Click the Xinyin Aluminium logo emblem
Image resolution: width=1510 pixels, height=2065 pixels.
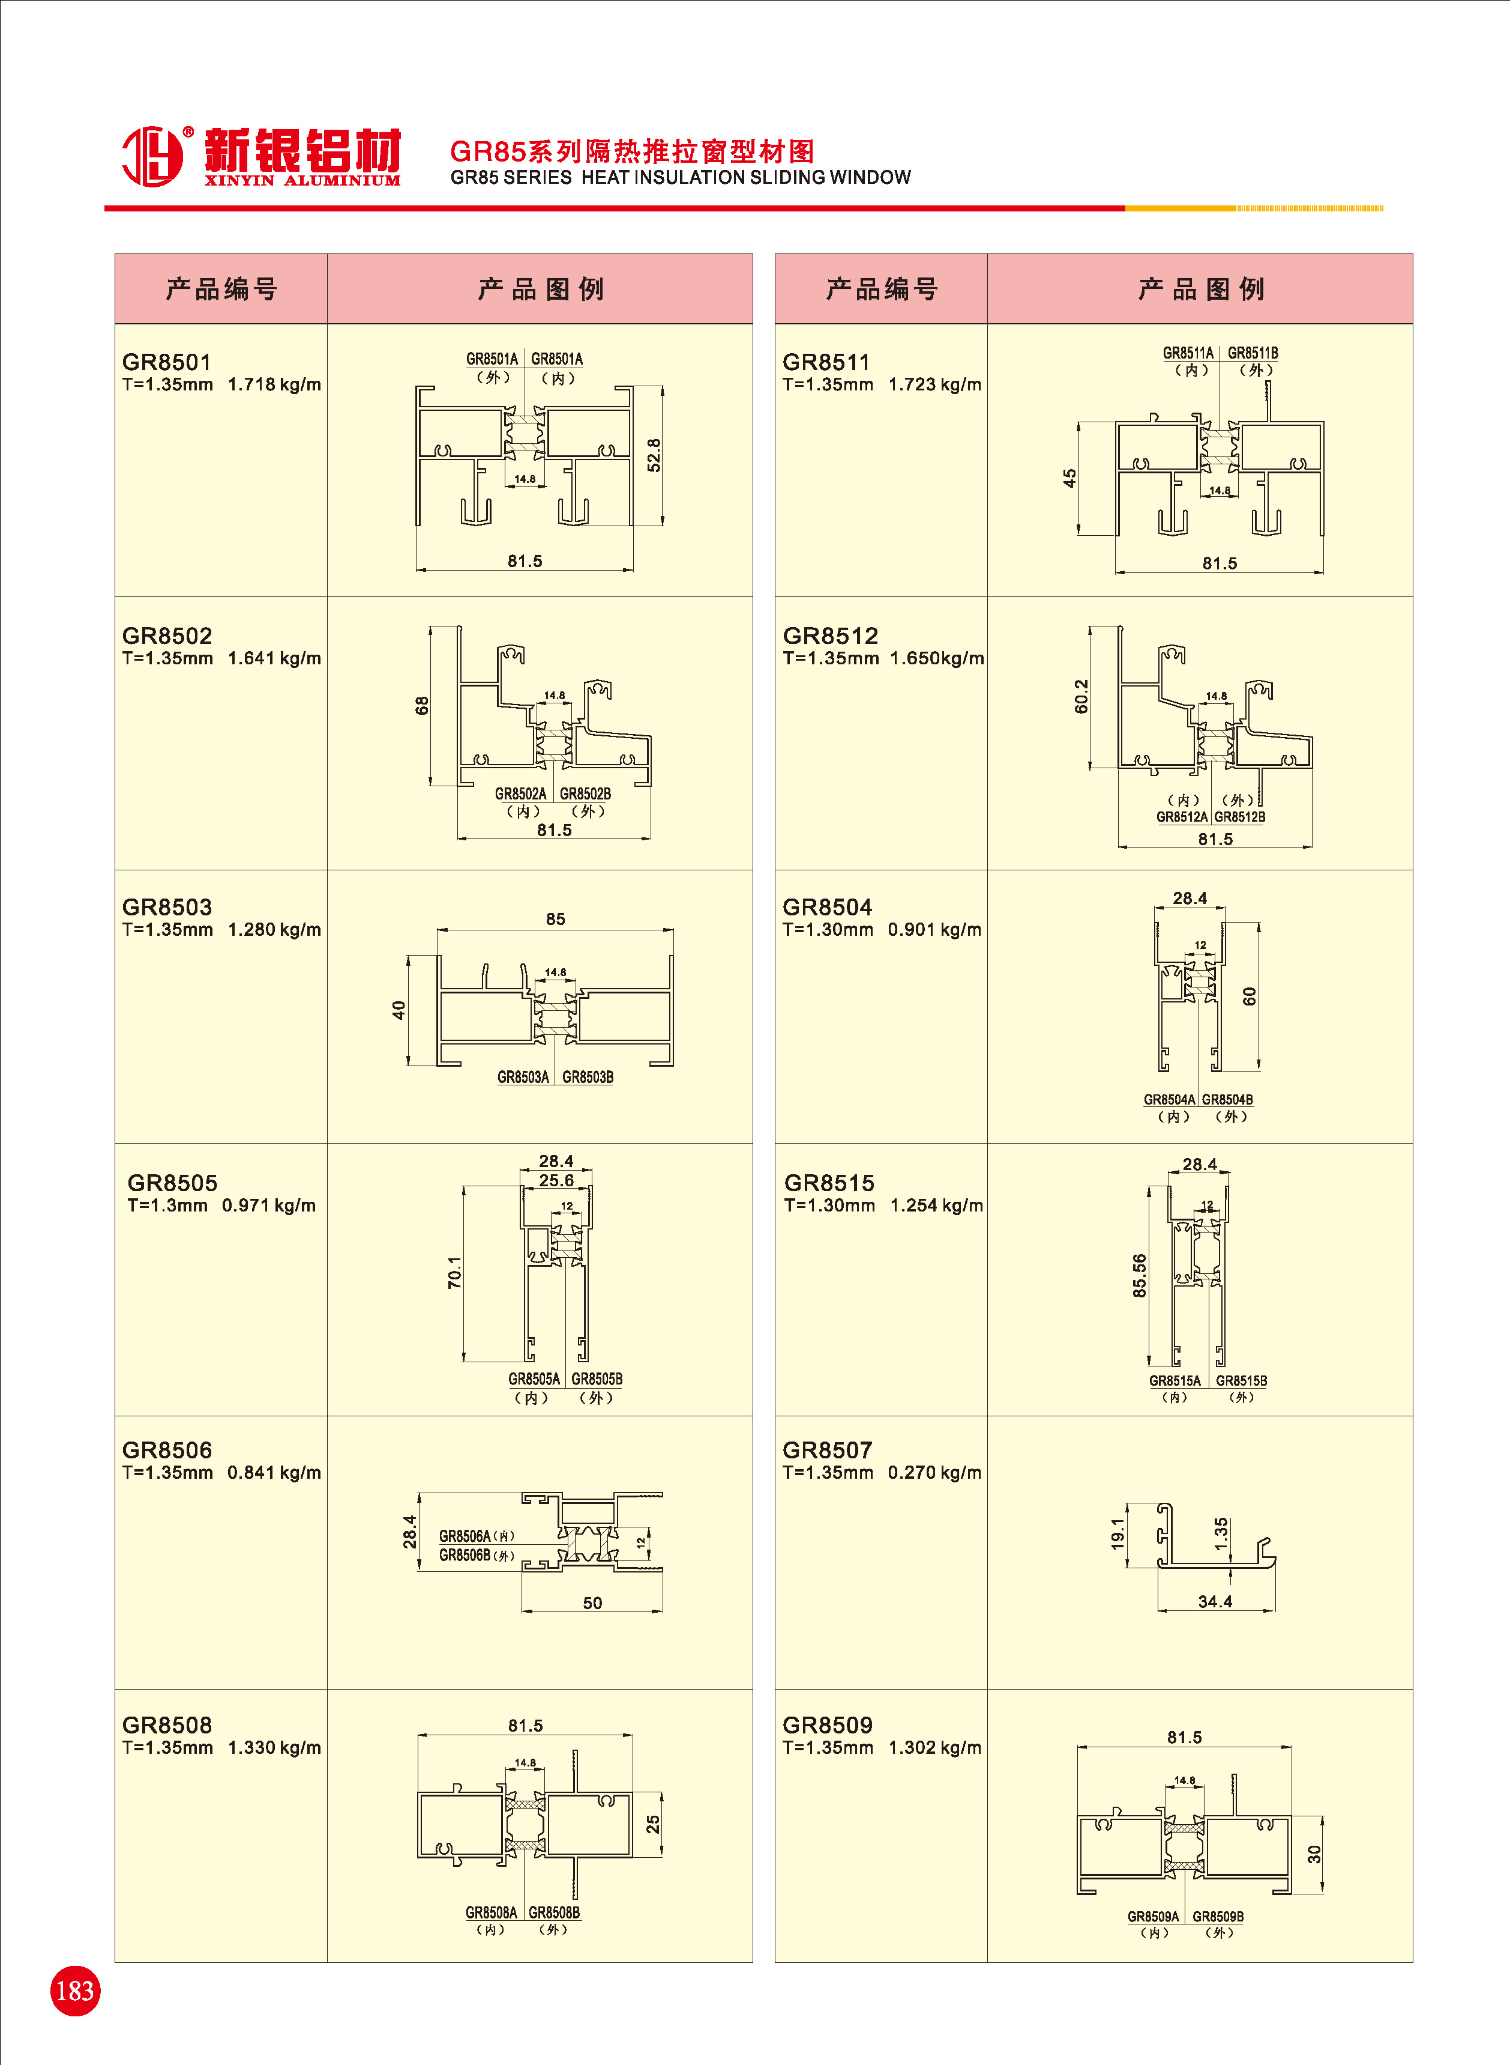[x=152, y=156]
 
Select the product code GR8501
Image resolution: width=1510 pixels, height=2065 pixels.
[x=166, y=362]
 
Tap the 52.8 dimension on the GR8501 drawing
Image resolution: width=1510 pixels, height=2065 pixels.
[x=654, y=455]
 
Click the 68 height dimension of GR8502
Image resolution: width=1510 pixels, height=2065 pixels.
[x=421, y=706]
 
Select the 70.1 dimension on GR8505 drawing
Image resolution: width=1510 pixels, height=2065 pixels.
[x=454, y=1273]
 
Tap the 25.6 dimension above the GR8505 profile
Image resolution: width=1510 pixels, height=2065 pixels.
[x=556, y=1181]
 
